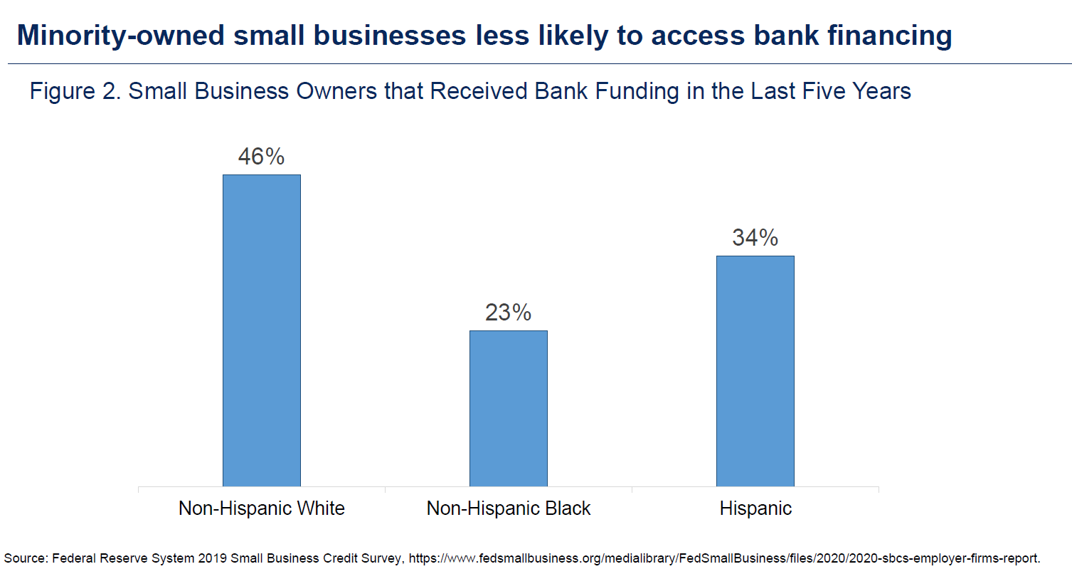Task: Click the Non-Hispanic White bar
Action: pyautogui.click(x=261, y=330)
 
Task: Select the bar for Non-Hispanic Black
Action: pyautogui.click(x=508, y=408)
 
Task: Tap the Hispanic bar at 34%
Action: pyautogui.click(x=755, y=370)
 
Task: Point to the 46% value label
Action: pyautogui.click(x=261, y=157)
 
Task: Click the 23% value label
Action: pyautogui.click(x=508, y=313)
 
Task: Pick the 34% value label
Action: pyautogui.click(x=755, y=238)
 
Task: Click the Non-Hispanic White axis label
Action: pyautogui.click(x=261, y=508)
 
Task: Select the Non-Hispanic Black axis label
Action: pyautogui.click(x=508, y=508)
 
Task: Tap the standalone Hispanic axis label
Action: pyautogui.click(x=755, y=508)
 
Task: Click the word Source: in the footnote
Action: pyautogui.click(x=26, y=557)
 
